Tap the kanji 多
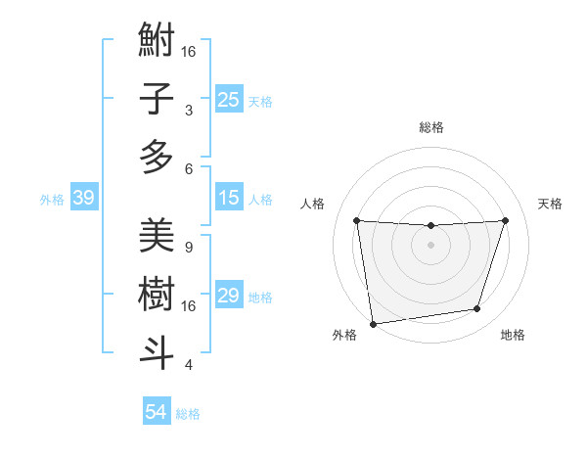[157, 157]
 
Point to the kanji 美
[157, 236]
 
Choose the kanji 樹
[157, 294]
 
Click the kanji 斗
[157, 352]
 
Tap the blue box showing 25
[229, 99]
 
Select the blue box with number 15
[229, 198]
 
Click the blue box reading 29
[229, 296]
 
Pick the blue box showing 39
[83, 198]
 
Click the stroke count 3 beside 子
[188, 111]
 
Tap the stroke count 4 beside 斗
[188, 365]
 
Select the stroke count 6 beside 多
[188, 168]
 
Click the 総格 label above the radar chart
[430, 127]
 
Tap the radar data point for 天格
[505, 220]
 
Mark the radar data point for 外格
[373, 323]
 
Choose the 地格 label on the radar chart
[513, 335]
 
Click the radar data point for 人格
[356, 220]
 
